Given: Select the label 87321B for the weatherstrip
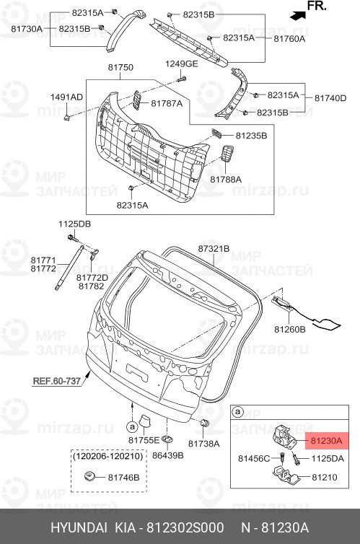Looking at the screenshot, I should [x=214, y=248].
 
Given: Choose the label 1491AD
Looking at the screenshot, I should [x=66, y=97].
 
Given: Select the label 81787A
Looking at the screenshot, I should [x=167, y=104].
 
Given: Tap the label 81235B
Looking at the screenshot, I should [x=251, y=135].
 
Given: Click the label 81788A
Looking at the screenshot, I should [x=226, y=178].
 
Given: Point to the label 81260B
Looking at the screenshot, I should [x=289, y=329].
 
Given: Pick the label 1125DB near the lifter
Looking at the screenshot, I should [x=74, y=224].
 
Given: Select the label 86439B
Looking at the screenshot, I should [x=168, y=456].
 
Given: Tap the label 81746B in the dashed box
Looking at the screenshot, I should [x=124, y=477].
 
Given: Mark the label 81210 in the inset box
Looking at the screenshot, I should [x=324, y=477].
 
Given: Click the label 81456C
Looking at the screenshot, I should [x=253, y=458].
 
